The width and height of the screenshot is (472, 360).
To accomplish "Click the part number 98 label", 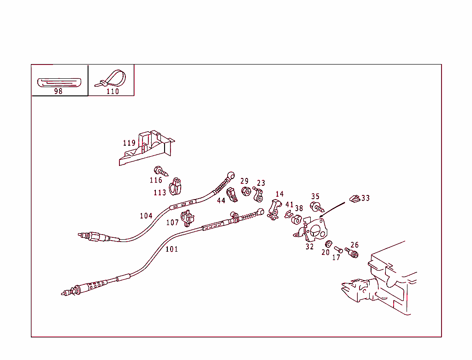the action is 58,91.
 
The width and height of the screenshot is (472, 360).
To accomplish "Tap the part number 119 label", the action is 129,143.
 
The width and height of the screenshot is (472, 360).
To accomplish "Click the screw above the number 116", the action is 161,171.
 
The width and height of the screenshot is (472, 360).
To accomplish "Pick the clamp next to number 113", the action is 175,187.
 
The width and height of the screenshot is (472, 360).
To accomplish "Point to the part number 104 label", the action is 146,216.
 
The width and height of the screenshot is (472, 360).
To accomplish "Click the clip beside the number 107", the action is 187,218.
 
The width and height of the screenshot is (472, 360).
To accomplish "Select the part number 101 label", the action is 171,249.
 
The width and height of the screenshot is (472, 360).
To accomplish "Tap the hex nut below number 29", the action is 246,191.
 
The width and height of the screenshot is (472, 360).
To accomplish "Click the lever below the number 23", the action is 258,195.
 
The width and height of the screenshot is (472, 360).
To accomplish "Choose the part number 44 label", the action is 221,201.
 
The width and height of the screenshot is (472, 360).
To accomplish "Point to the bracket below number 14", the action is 274,209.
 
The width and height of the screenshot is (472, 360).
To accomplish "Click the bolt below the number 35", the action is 317,207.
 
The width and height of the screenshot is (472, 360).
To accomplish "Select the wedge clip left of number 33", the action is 354,199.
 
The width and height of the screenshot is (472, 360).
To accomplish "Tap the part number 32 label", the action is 309,247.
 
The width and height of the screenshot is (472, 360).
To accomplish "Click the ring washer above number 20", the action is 329,244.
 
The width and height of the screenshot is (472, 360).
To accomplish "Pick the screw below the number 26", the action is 352,253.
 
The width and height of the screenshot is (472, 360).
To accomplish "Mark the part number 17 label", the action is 336,258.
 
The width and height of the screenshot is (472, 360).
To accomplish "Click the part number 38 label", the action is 299,208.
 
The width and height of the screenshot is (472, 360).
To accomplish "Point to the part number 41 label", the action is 289,205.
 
